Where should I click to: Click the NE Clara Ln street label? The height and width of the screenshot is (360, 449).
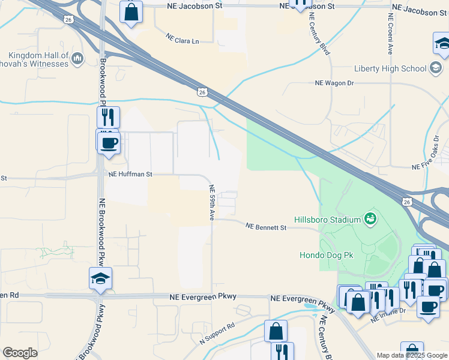182,40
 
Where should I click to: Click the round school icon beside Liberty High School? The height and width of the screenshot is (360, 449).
437,68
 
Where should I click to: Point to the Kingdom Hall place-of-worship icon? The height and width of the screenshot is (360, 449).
77,59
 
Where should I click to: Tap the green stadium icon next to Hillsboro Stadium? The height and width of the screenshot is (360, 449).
370,219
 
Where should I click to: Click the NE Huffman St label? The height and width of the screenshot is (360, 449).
131,175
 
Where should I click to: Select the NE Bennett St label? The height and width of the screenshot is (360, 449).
267,227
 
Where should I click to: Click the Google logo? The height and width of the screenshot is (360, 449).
20,353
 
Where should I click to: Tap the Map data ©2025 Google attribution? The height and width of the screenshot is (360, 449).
411,355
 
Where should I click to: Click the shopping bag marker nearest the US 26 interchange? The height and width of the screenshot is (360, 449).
131,11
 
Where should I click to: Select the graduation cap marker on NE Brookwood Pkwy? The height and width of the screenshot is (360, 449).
101,278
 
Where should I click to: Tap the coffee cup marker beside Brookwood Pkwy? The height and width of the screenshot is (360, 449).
109,143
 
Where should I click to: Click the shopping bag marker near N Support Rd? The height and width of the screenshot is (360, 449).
276,331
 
